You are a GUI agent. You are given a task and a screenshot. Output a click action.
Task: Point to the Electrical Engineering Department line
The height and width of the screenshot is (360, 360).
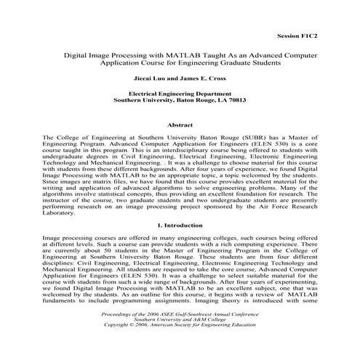180,94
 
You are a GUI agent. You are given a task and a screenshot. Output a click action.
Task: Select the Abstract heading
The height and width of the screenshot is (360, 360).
180,125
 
